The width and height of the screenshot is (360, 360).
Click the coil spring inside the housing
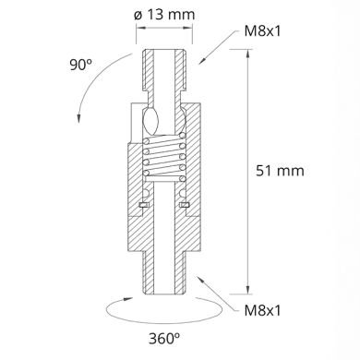point(167,162)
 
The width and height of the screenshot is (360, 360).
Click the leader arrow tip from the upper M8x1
point(199,62)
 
